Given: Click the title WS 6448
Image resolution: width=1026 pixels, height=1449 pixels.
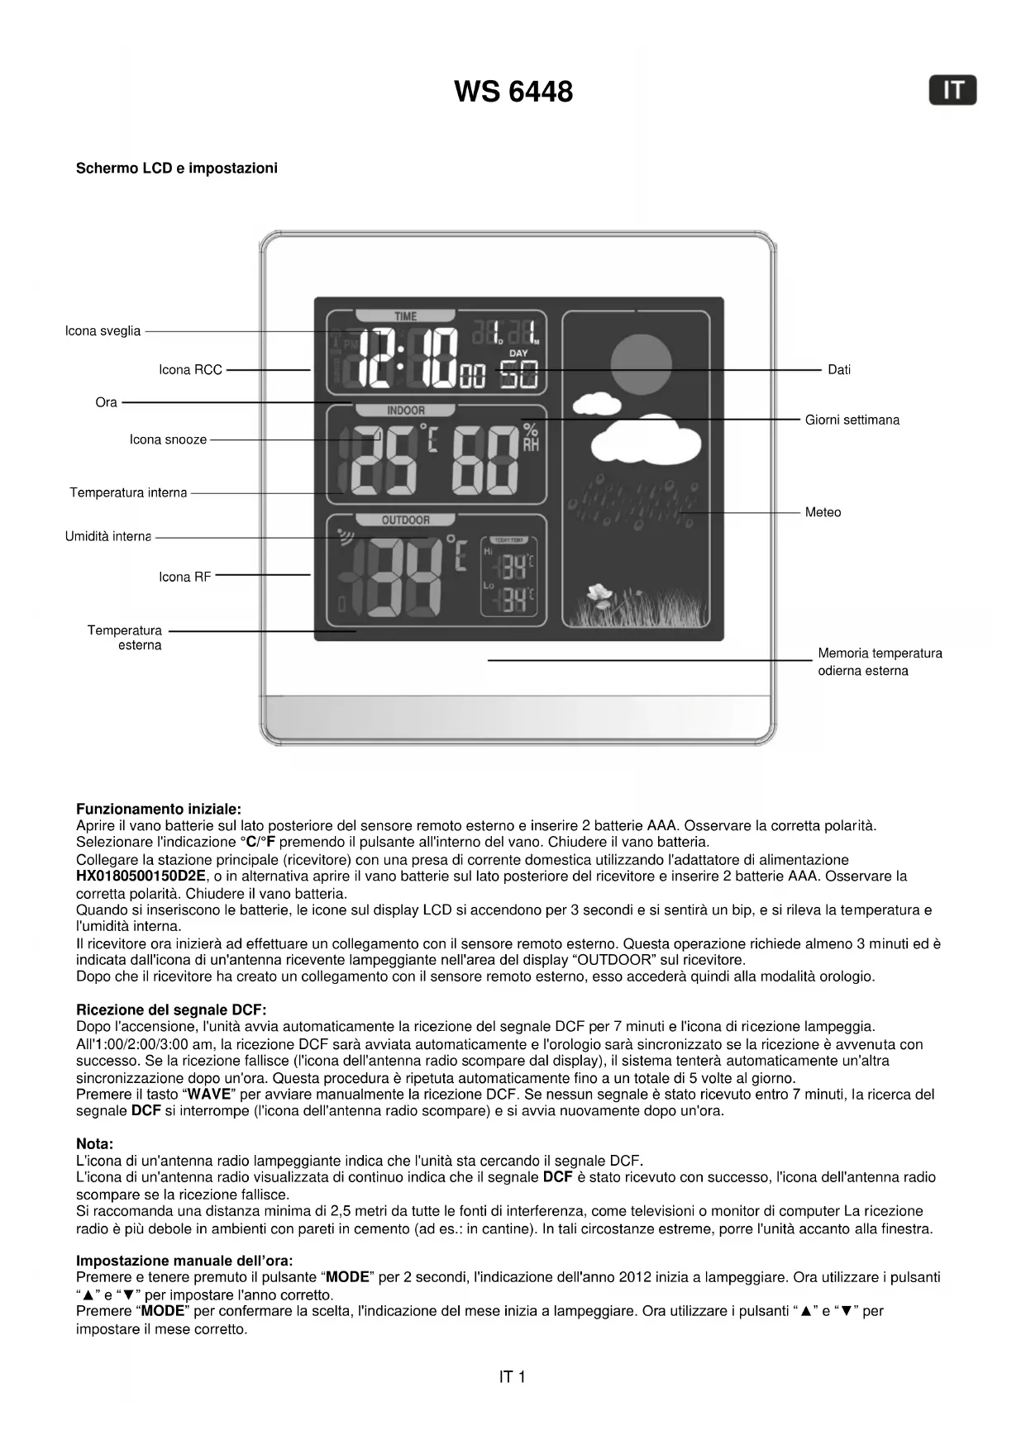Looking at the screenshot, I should [513, 92].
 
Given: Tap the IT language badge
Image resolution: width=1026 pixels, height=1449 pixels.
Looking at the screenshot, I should [952, 90].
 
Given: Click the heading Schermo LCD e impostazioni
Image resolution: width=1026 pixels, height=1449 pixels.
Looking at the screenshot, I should [177, 169].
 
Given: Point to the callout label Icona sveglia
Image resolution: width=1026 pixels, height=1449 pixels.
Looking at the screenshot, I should [103, 331].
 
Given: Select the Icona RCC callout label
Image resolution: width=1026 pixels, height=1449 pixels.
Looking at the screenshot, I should [190, 370].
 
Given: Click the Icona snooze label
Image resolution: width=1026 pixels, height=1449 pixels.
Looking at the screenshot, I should [168, 439].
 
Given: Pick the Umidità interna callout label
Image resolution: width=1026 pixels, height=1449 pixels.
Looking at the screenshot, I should [108, 537].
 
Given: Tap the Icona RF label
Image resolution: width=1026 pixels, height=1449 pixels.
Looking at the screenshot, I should [184, 577].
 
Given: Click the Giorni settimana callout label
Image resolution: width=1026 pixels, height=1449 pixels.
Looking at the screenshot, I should [852, 420].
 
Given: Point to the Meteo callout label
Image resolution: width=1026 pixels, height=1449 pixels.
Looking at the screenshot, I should [823, 512].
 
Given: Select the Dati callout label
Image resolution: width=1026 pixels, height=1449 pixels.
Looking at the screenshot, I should [839, 370].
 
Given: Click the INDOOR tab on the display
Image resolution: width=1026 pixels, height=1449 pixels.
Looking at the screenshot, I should [405, 411].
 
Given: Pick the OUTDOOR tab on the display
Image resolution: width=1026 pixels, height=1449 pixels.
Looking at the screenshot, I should [405, 520].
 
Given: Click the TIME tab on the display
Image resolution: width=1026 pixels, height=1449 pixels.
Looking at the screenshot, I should [405, 316].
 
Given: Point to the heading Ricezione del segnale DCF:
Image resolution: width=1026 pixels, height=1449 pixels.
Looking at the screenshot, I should [171, 1010].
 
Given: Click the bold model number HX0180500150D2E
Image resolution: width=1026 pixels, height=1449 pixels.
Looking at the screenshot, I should [141, 876].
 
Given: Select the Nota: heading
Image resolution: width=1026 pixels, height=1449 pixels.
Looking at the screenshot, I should [94, 1144].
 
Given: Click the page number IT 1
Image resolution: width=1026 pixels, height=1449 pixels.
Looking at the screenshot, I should [512, 1377].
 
